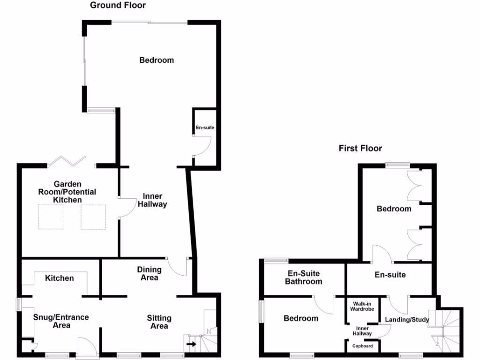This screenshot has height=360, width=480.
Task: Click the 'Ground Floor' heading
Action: pyautogui.click(x=118, y=6)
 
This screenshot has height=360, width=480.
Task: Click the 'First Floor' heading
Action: pyautogui.click(x=360, y=149)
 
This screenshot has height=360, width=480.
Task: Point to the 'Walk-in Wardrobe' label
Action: pyautogui.click(x=362, y=306)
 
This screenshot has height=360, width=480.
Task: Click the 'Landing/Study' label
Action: pyautogui.click(x=407, y=320)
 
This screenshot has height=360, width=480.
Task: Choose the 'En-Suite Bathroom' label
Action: pyautogui.click(x=305, y=277)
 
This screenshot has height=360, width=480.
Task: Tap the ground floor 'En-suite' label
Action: pyautogui.click(x=205, y=127)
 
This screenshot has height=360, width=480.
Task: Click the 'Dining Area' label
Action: pyautogui.click(x=149, y=273)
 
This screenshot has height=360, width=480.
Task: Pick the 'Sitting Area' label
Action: pyautogui.click(x=159, y=322)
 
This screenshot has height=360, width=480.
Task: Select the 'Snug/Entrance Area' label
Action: pyautogui.click(x=61, y=321)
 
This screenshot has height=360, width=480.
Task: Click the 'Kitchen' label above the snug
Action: pyautogui.click(x=60, y=278)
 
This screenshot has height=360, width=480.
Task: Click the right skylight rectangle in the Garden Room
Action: pyautogui.click(x=93, y=217)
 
